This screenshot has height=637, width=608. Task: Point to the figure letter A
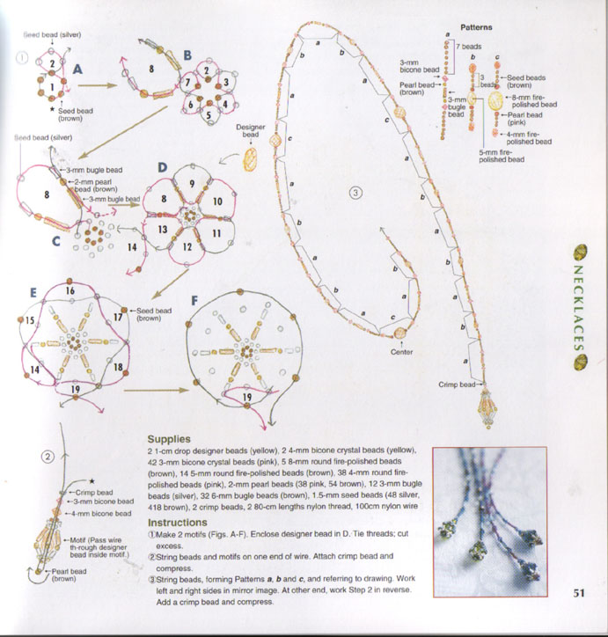(77, 68)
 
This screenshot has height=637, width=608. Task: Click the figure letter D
(161, 166)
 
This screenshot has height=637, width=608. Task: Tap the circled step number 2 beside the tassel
(50, 456)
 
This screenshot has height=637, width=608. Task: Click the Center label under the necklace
(401, 352)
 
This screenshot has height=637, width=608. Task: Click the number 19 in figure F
(250, 398)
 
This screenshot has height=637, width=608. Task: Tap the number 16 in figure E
(70, 290)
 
